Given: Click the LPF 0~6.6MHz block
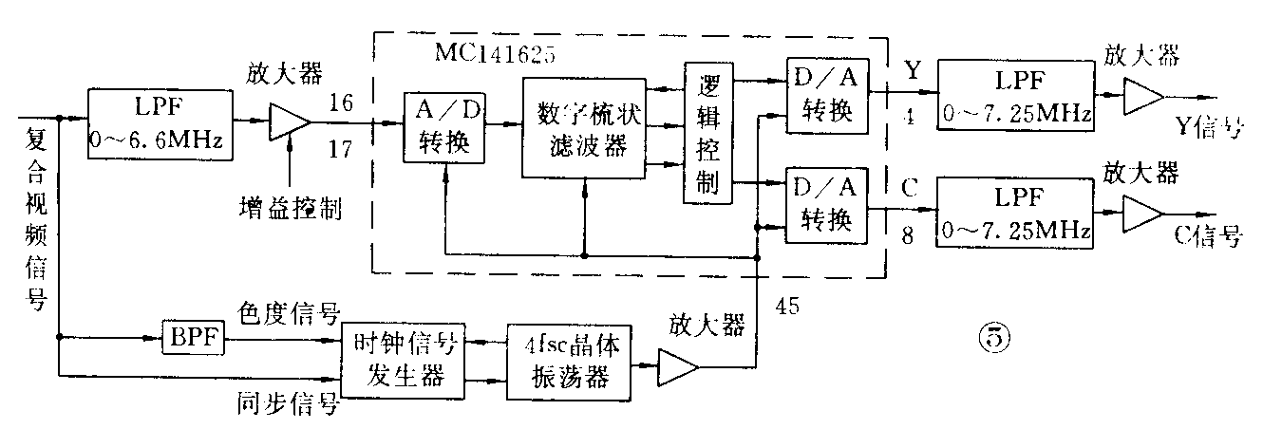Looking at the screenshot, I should click(159, 121).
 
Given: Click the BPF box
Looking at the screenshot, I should click(194, 337).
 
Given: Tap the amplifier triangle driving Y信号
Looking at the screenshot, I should click(1140, 95).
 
